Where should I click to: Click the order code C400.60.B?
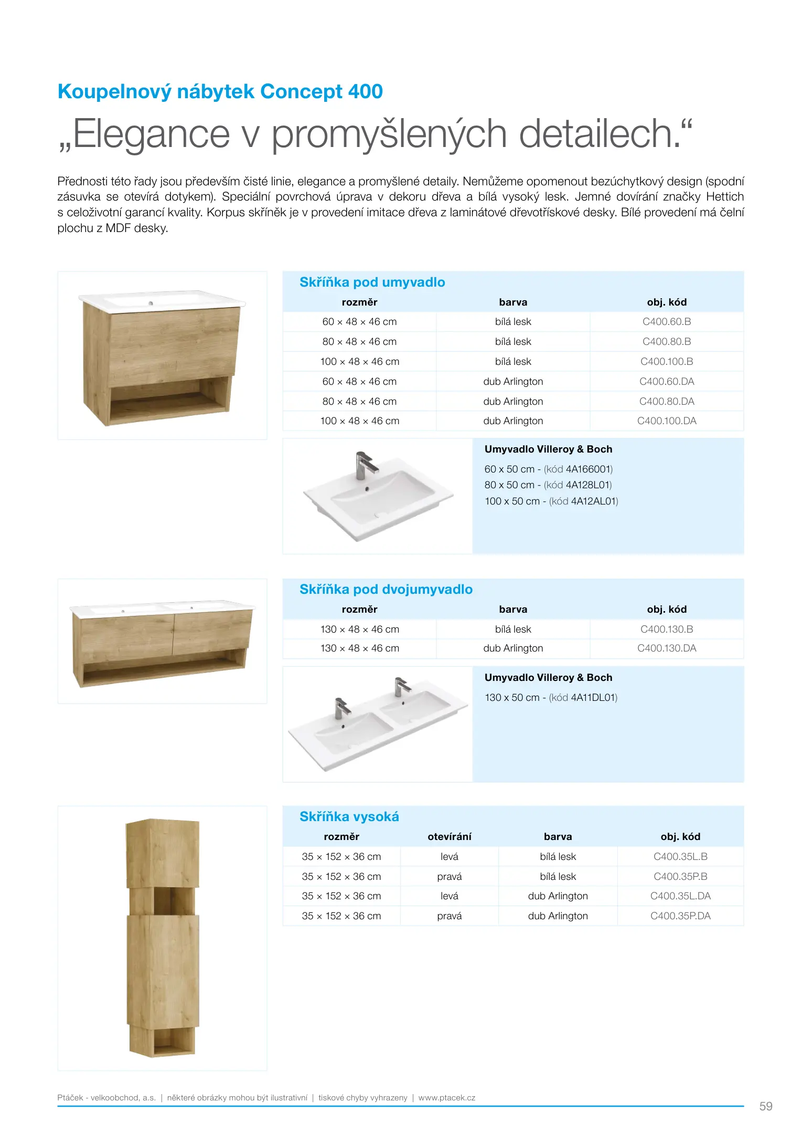tap(666, 322)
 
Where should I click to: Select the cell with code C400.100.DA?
tap(666, 421)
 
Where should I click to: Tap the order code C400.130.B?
tap(666, 629)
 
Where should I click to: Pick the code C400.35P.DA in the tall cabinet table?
tap(680, 916)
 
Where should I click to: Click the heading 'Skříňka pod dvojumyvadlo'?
tap(386, 590)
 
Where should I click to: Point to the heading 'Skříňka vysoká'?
tap(349, 817)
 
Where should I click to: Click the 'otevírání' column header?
tap(449, 837)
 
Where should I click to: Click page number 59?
tap(765, 1107)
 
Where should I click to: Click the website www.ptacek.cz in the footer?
tap(446, 1098)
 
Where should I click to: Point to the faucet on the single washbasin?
tap(365, 465)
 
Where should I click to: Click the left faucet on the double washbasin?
tap(341, 708)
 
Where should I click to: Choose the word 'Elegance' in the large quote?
tap(151, 134)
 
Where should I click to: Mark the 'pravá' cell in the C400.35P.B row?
tap(449, 877)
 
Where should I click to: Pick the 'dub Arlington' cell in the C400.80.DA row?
tap(512, 402)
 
